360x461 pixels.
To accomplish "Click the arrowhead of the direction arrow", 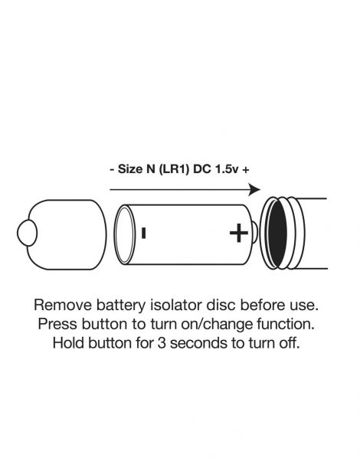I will point(255,188).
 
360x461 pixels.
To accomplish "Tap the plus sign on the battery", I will point(239,230).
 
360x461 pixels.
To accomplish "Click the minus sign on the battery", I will point(143,231).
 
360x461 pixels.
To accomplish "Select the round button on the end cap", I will point(27,231).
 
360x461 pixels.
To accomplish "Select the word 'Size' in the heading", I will point(131,168).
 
